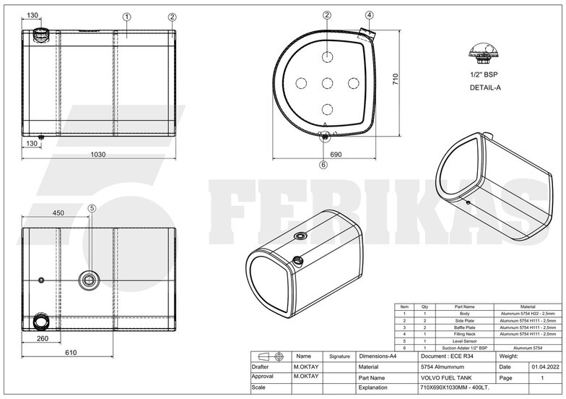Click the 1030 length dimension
pos(98,154)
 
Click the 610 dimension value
pos(70,352)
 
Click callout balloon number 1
pos(126,16)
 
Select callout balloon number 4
pos(369,14)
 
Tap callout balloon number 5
pos(92,208)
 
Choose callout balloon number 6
pos(323,164)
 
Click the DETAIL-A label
pos(485,87)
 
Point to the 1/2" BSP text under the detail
pos(484,74)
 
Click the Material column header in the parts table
pos(528,307)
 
